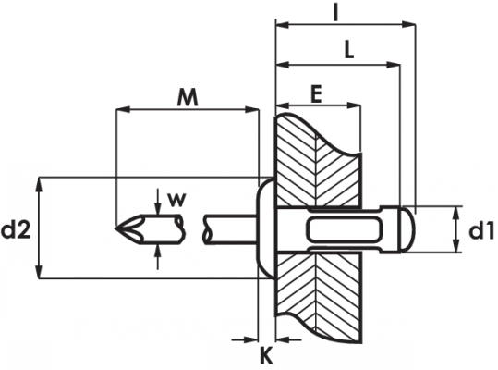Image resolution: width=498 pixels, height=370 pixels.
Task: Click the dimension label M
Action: click(188, 97)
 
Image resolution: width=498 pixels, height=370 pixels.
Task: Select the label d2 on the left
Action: click(16, 230)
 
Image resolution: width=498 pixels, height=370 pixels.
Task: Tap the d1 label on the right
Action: click(481, 230)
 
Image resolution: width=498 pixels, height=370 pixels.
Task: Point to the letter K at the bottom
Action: click(266, 357)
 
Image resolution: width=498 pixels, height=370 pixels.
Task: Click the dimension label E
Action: click(316, 94)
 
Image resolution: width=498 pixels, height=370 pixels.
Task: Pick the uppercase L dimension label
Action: click(349, 51)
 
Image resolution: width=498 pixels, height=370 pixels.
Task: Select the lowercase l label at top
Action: click(335, 12)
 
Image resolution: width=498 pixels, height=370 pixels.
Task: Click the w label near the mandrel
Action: click(176, 200)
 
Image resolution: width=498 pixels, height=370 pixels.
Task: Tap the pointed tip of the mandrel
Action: click(115, 228)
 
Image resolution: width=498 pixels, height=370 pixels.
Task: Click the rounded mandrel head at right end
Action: click(408, 229)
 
